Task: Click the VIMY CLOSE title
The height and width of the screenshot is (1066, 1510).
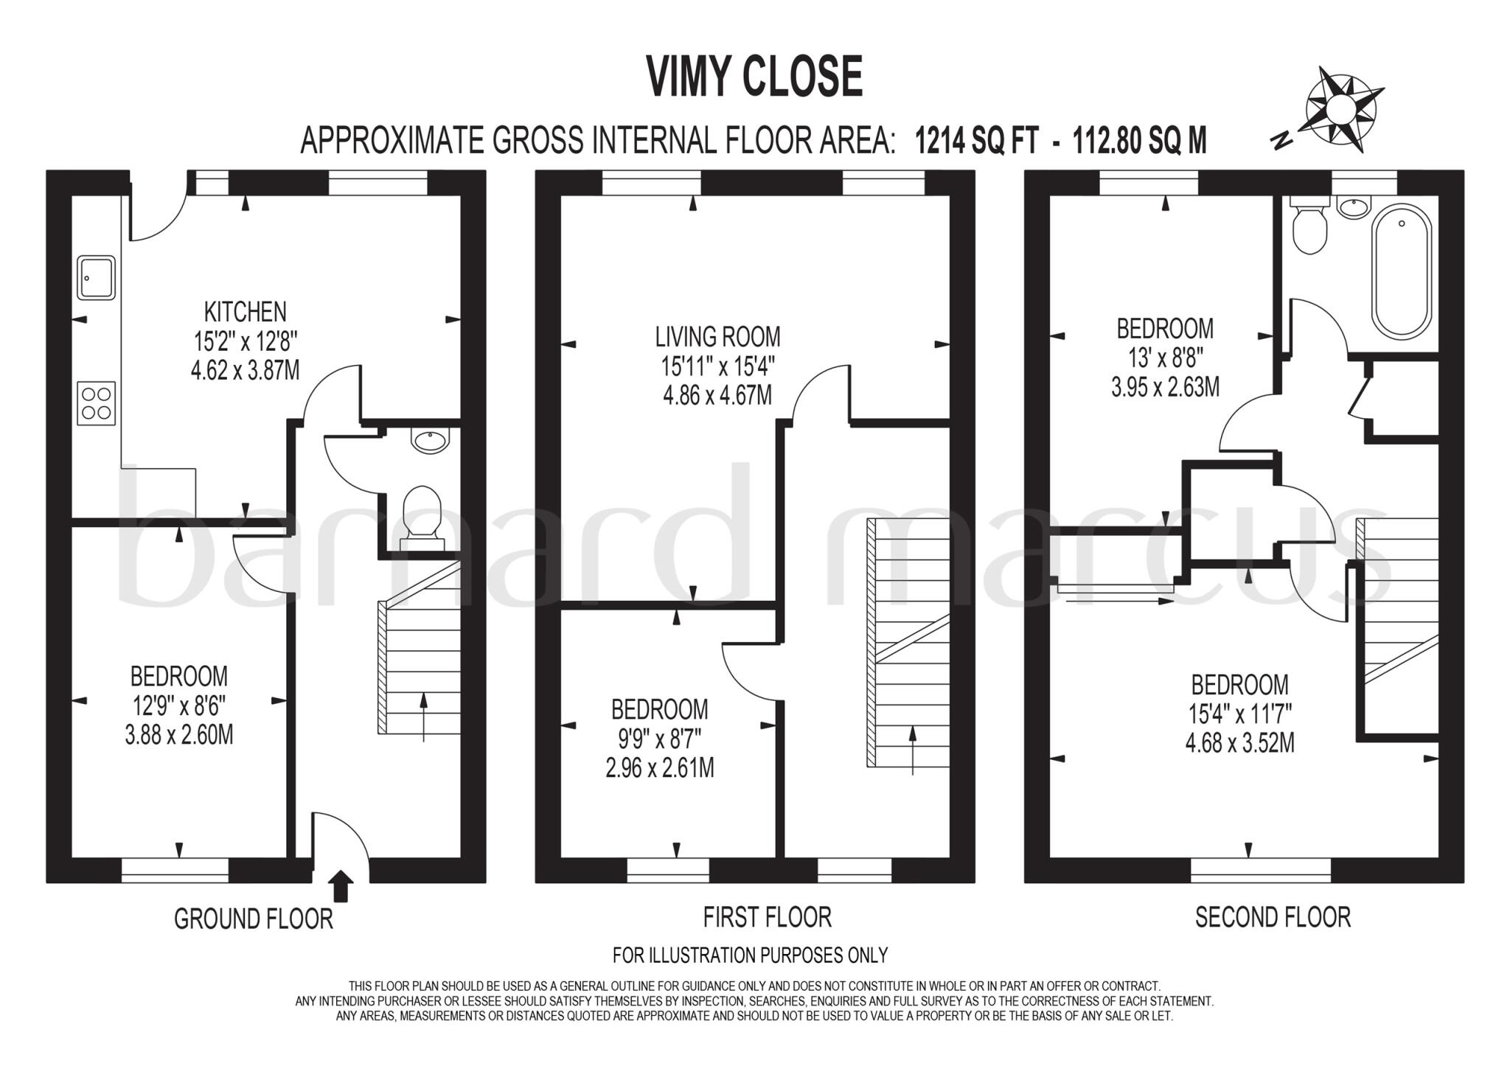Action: pyautogui.click(x=754, y=77)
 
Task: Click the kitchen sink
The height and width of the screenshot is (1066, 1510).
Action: pyautogui.click(x=97, y=278)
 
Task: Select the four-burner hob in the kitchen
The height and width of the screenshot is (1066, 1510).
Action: pyautogui.click(x=97, y=403)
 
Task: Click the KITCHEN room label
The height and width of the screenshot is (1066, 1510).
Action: pyautogui.click(x=245, y=313)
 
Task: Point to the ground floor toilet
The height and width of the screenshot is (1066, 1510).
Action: pyautogui.click(x=422, y=512)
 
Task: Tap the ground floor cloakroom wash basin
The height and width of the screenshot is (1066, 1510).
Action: pyautogui.click(x=430, y=442)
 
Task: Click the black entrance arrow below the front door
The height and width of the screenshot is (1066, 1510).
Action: pyautogui.click(x=340, y=885)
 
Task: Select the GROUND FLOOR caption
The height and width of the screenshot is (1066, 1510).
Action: pyautogui.click(x=253, y=919)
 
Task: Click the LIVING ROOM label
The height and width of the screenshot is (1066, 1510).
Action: pyautogui.click(x=717, y=337)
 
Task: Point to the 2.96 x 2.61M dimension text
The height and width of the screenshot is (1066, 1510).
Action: pyautogui.click(x=659, y=769)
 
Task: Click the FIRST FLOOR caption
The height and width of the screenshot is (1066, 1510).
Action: pyautogui.click(x=767, y=918)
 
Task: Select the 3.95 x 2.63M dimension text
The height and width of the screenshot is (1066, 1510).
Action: pyautogui.click(x=1165, y=387)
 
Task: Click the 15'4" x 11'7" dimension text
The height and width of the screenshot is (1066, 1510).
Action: pyautogui.click(x=1239, y=714)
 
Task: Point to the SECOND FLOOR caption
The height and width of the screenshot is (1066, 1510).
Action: pyautogui.click(x=1273, y=918)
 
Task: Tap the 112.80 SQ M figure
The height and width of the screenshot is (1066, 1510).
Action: pyautogui.click(x=1139, y=140)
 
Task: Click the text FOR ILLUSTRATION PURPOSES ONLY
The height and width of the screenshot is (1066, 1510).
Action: pyautogui.click(x=750, y=955)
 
